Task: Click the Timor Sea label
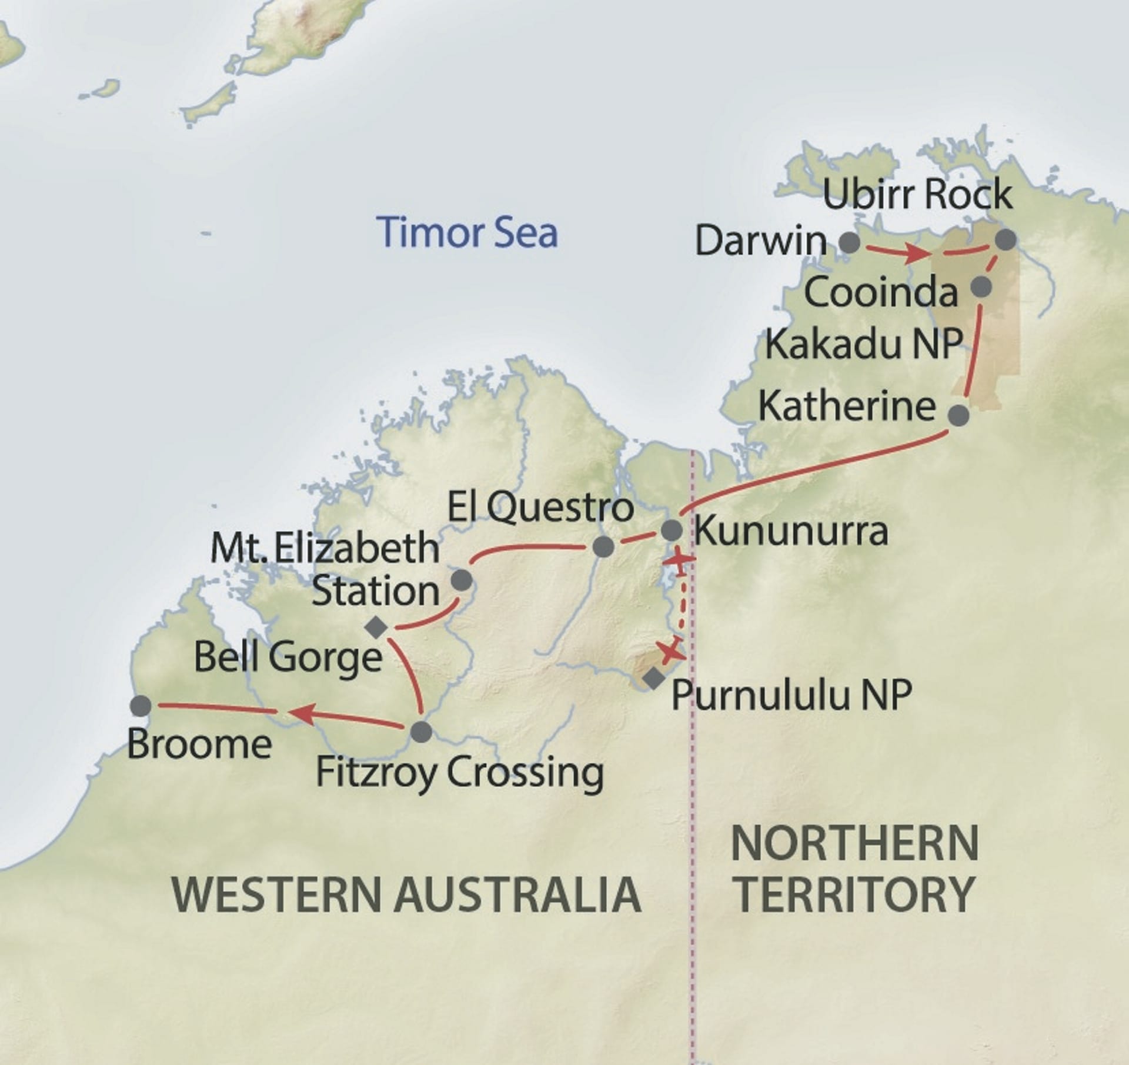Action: tap(467, 232)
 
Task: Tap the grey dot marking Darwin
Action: tap(849, 242)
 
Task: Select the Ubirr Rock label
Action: tap(917, 195)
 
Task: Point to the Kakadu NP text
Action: tap(863, 344)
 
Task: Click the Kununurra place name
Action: tap(791, 531)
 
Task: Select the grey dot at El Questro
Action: tap(603, 547)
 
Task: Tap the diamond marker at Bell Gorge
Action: tap(376, 627)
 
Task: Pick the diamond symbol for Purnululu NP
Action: tap(653, 679)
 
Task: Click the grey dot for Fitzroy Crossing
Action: tap(421, 732)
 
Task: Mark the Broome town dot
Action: tap(141, 706)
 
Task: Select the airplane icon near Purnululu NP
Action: tap(670, 650)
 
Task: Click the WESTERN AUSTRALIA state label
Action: tap(406, 894)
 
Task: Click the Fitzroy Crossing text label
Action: tap(460, 773)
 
